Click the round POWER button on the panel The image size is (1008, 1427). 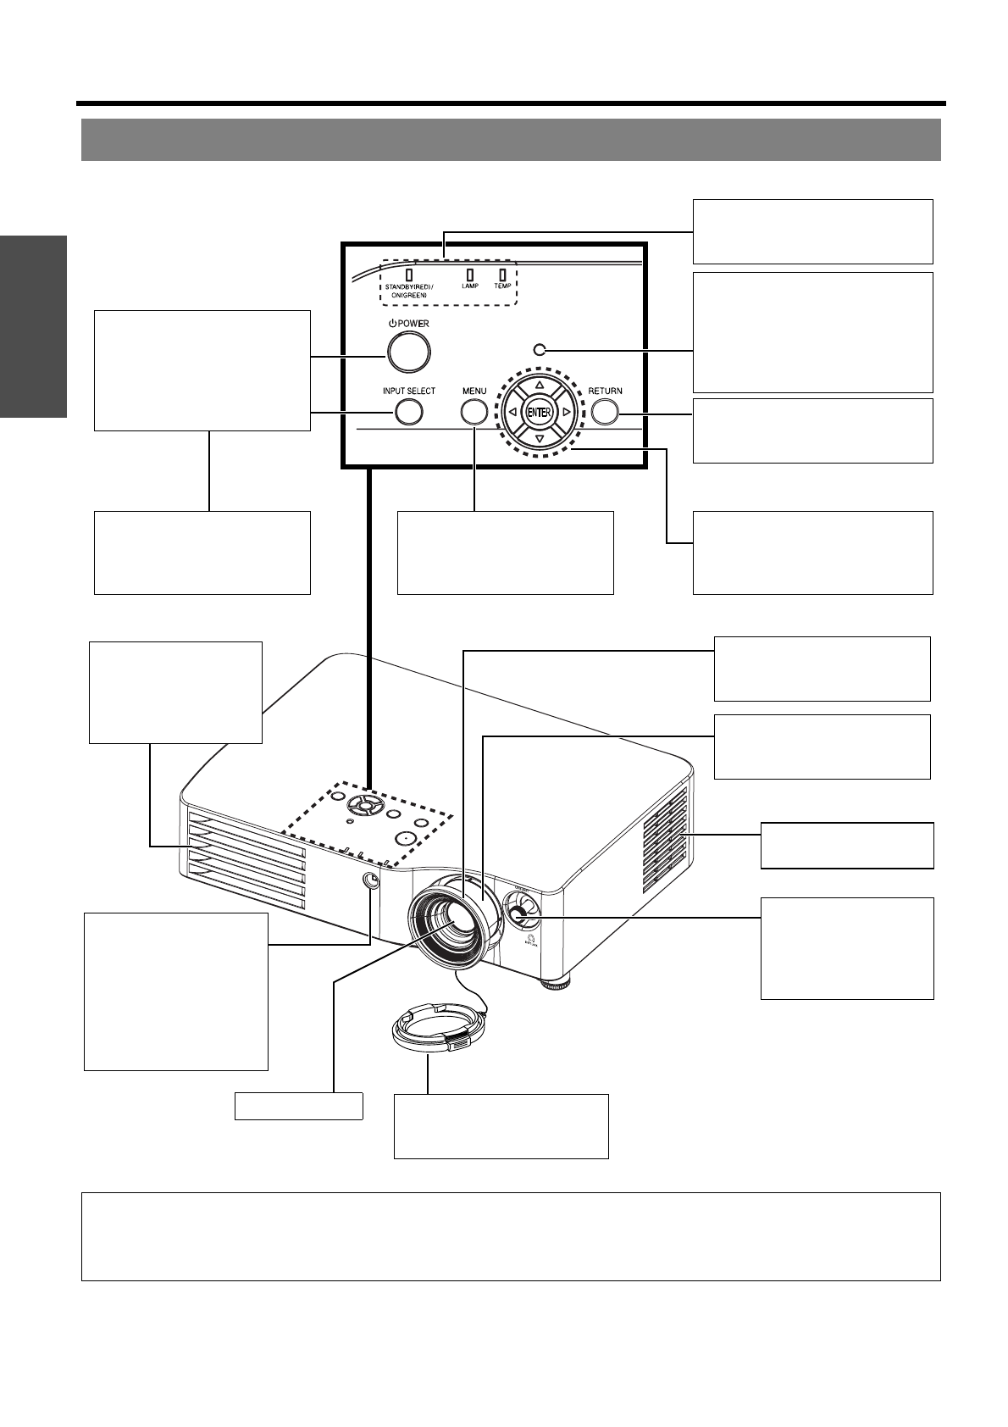coord(408,351)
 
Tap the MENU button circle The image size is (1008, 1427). coord(474,412)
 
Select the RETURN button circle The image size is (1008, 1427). coord(605,412)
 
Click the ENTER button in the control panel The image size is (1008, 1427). coord(540,413)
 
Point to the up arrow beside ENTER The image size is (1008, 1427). coord(540,384)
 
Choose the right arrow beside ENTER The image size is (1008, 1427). coord(567,413)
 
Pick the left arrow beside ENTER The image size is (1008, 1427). coord(512,413)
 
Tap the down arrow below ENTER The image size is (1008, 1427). coord(540,440)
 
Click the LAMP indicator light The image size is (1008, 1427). coord(469,275)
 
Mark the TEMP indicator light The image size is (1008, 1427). coord(502,275)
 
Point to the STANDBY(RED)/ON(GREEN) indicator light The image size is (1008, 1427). coord(409,275)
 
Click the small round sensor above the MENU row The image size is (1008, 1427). coord(539,348)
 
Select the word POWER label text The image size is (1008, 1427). coord(413,324)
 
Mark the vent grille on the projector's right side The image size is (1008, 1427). coord(666,840)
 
